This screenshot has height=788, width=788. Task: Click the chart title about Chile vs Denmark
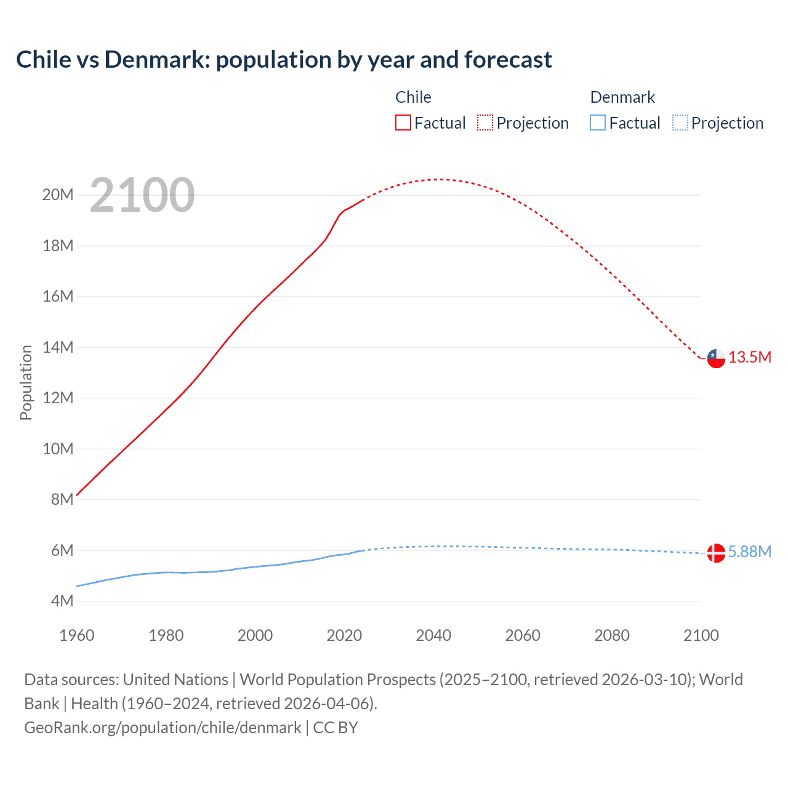pyautogui.click(x=284, y=60)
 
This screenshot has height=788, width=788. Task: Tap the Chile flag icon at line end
pyautogui.click(x=716, y=358)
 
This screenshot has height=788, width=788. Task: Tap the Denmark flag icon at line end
pyautogui.click(x=716, y=553)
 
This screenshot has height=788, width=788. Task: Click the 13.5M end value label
pyautogui.click(x=750, y=358)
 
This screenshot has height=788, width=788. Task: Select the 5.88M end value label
pyautogui.click(x=750, y=552)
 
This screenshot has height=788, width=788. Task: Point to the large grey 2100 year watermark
pyautogui.click(x=142, y=196)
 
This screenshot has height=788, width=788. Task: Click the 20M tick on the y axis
pyautogui.click(x=58, y=195)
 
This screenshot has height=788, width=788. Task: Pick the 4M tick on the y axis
pyautogui.click(x=62, y=601)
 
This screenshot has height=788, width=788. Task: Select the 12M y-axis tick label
pyautogui.click(x=58, y=398)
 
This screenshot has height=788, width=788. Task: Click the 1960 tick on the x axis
pyautogui.click(x=77, y=635)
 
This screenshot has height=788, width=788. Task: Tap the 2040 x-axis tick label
pyautogui.click(x=433, y=635)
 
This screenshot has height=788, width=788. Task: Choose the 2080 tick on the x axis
pyautogui.click(x=612, y=635)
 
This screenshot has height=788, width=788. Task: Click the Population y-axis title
pyautogui.click(x=26, y=382)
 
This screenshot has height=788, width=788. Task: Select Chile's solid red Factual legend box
pyautogui.click(x=403, y=123)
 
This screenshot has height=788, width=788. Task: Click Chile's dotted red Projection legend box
pyautogui.click(x=485, y=123)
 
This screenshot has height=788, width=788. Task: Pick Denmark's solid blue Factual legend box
pyautogui.click(x=598, y=123)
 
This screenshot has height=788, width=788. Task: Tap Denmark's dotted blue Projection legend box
pyautogui.click(x=680, y=123)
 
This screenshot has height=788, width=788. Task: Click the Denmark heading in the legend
pyautogui.click(x=622, y=97)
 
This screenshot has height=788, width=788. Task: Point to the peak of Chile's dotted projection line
pyautogui.click(x=438, y=179)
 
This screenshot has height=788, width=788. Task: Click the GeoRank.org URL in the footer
pyautogui.click(x=163, y=728)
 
